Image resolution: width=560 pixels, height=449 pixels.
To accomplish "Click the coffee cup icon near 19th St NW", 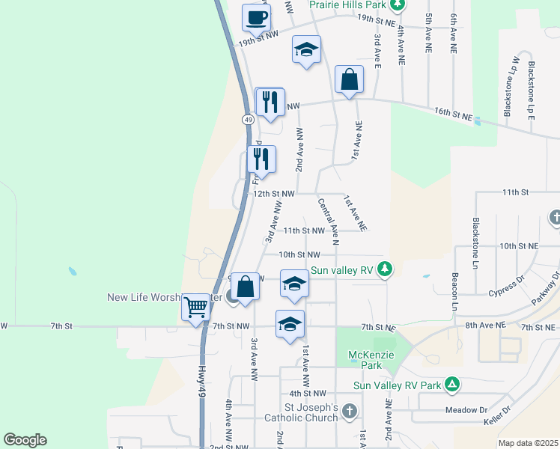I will (x=256, y=18).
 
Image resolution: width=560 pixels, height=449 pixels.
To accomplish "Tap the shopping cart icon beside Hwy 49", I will (x=195, y=306).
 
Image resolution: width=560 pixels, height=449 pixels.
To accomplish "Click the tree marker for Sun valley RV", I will (x=385, y=269).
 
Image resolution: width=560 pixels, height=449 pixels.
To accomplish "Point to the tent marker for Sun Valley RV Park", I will (x=451, y=385).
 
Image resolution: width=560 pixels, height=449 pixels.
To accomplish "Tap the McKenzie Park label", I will (x=365, y=359).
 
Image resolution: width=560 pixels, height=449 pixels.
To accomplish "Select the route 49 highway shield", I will (x=248, y=119).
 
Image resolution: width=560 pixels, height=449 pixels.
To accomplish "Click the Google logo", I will (x=25, y=440).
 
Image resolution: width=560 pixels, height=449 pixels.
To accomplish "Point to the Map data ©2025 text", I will (x=527, y=443).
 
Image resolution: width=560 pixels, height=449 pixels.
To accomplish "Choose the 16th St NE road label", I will (x=454, y=114).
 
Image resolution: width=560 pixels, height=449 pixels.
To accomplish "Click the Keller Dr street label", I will (x=498, y=415).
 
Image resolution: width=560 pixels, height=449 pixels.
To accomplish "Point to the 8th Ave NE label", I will (x=486, y=326).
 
